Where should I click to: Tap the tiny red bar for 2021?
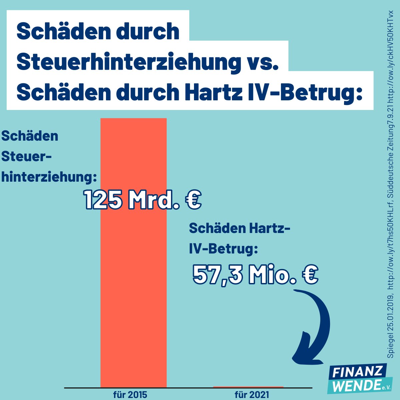point(248,387)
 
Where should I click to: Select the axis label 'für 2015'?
point(130,395)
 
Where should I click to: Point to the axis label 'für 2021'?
point(252,395)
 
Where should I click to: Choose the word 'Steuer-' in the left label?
point(27,156)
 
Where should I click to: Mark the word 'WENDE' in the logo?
point(354,386)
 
